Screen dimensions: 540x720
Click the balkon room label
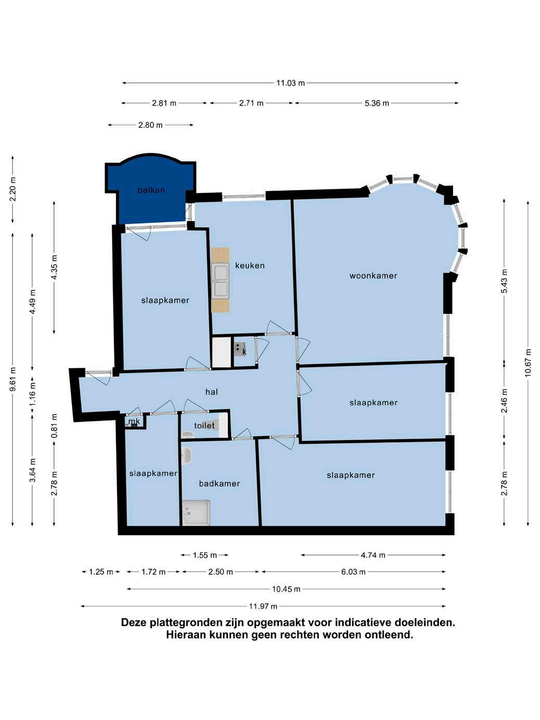(151, 190)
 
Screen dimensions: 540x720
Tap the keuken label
(250, 265)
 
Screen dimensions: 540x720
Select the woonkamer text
(373, 276)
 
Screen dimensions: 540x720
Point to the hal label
(212, 392)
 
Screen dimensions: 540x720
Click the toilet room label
(204, 426)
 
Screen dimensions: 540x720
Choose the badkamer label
(220, 483)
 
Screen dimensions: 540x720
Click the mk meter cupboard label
(134, 421)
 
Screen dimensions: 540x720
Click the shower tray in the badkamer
(197, 513)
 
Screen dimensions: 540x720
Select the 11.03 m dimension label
(290, 83)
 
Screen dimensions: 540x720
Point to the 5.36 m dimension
(377, 103)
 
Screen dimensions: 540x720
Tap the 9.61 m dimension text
(12, 379)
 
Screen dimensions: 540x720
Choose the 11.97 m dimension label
(263, 606)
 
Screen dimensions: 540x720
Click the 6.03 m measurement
(353, 572)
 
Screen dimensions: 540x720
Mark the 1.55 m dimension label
(204, 555)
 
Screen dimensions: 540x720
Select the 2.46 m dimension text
(504, 401)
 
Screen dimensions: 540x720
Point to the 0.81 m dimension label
(54, 426)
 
